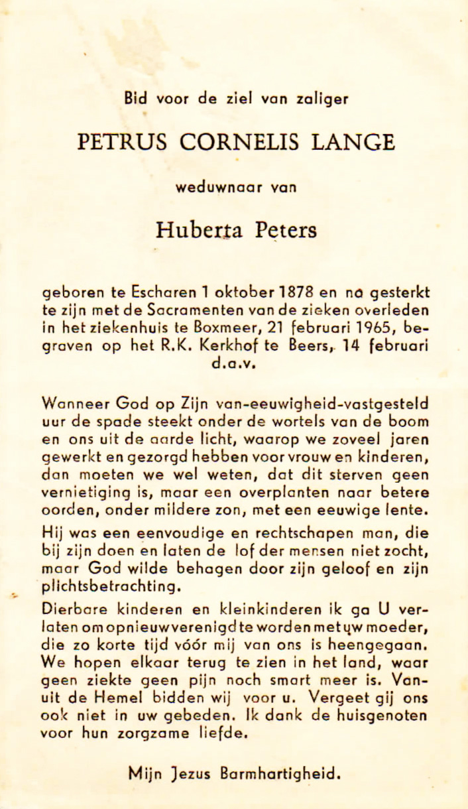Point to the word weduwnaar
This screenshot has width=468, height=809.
pyautogui.click(x=216, y=187)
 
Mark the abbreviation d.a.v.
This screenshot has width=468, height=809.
pyautogui.click(x=235, y=362)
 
